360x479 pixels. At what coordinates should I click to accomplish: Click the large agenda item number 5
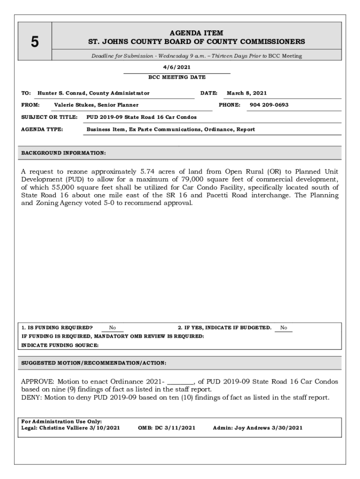[35, 42]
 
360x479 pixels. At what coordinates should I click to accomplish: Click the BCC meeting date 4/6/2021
[176, 67]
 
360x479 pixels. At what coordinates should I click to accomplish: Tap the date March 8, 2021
[247, 93]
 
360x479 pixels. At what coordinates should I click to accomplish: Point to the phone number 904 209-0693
[269, 105]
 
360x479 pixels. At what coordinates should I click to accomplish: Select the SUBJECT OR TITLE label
[49, 117]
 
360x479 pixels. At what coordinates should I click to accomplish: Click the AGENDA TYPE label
[43, 129]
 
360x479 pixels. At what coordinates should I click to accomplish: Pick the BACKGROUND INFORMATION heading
[64, 153]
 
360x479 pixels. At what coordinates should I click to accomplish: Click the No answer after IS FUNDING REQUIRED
[113, 328]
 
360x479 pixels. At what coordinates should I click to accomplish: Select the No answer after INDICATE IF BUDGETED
[284, 328]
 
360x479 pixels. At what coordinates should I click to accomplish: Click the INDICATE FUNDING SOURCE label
[60, 345]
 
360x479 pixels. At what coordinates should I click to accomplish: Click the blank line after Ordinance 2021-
[180, 382]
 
